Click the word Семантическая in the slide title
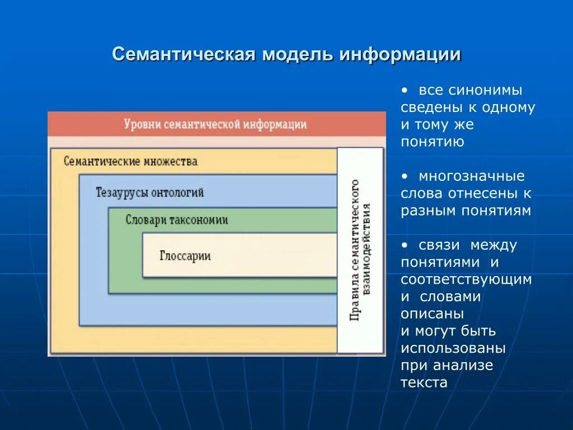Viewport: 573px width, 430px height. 184,55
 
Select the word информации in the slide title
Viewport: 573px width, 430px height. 399,55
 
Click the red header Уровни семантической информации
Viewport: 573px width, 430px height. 215,124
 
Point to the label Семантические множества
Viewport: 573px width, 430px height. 130,162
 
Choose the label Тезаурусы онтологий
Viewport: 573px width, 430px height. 150,193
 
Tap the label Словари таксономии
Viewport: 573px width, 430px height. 177,220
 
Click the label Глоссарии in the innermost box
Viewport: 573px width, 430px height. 185,256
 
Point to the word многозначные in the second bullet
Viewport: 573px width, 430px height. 472,176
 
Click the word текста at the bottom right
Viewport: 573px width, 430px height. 424,383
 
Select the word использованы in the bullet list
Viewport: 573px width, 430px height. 453,348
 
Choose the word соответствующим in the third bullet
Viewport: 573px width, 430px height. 466,279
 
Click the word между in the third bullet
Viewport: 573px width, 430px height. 494,245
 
